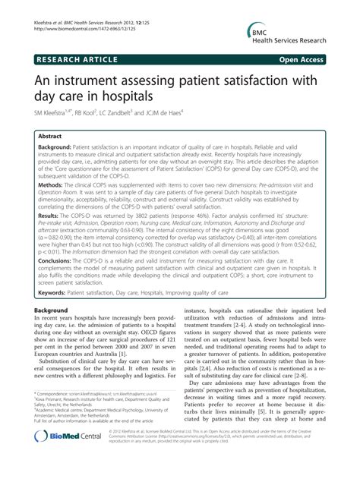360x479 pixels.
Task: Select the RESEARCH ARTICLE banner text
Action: tap(76, 58)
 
